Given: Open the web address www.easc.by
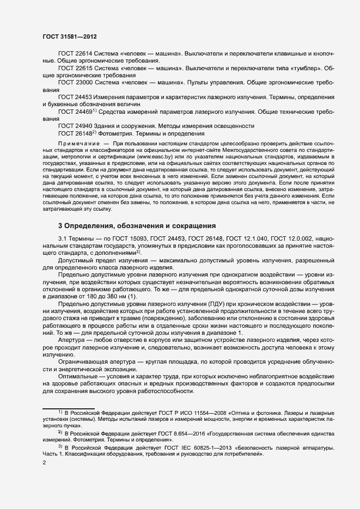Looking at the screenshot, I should pos(153,156).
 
